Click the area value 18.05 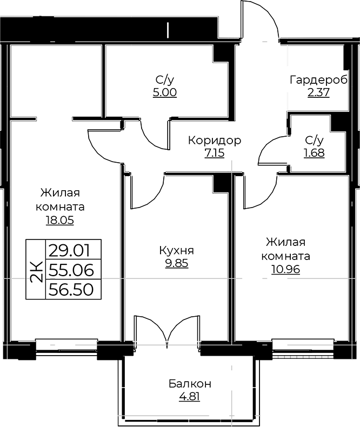tap(60, 220)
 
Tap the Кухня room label tap(176, 251)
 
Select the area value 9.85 tap(177, 263)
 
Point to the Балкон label tap(190, 384)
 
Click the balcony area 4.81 tap(190, 397)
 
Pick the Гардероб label tap(318, 81)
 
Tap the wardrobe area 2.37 tap(318, 93)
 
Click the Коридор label tap(215, 141)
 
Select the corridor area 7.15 tap(215, 154)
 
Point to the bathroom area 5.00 tap(165, 93)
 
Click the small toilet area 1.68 tap(314, 153)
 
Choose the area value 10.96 tap(285, 270)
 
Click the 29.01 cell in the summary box tap(69, 251)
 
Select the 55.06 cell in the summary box tap(71, 270)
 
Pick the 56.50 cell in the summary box tap(71, 289)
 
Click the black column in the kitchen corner tap(221, 184)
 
